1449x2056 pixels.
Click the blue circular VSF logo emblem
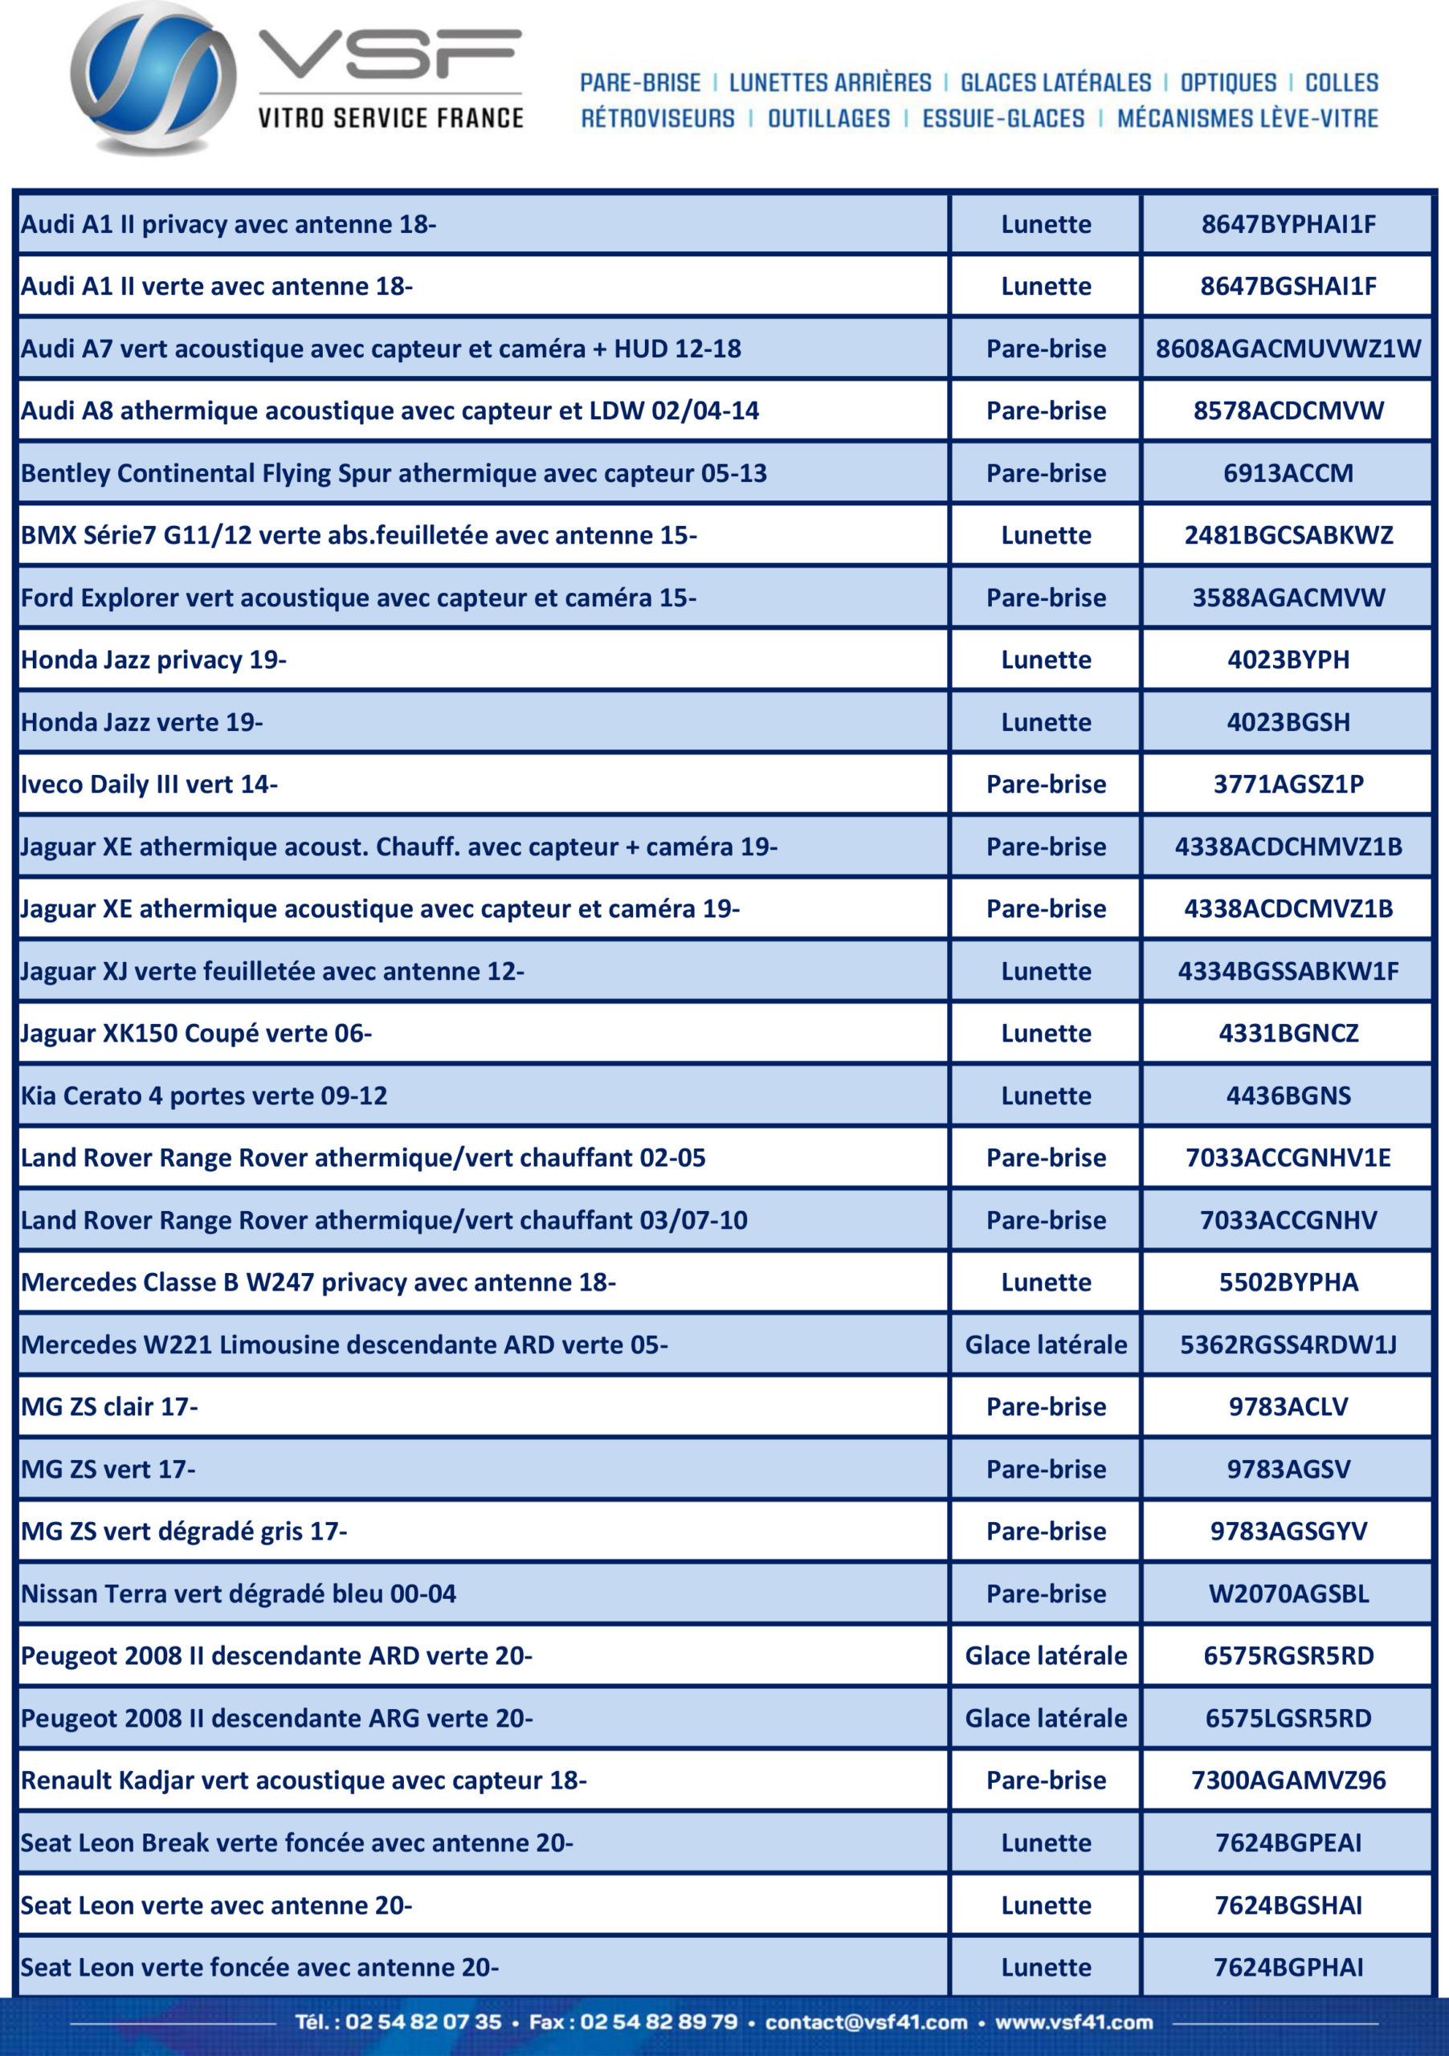click(x=153, y=79)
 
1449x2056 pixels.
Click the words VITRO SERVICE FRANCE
click(x=390, y=118)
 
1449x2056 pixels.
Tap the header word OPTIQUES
click(x=1228, y=84)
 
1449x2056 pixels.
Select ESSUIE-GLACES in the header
click(x=1003, y=119)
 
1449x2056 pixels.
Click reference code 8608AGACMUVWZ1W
click(x=1288, y=349)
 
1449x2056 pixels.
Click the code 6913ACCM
click(x=1288, y=473)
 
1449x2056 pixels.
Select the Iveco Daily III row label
click(x=149, y=785)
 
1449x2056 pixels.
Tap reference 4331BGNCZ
click(x=1288, y=1034)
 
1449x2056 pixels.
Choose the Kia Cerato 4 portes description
click(x=204, y=1095)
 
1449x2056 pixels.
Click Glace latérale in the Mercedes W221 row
click(x=1045, y=1344)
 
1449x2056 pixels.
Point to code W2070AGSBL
click(x=1288, y=1593)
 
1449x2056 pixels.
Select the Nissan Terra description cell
click(x=239, y=1593)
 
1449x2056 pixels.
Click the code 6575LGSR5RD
click(x=1288, y=1718)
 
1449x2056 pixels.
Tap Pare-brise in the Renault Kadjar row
click(x=1045, y=1779)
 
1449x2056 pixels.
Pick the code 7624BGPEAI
click(x=1288, y=1842)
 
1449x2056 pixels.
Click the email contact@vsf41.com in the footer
click(x=866, y=2022)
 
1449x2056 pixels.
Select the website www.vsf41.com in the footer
click(x=1074, y=2022)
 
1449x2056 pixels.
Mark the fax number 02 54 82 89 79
click(x=658, y=2022)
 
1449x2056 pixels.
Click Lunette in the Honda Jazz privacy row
click(x=1045, y=660)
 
